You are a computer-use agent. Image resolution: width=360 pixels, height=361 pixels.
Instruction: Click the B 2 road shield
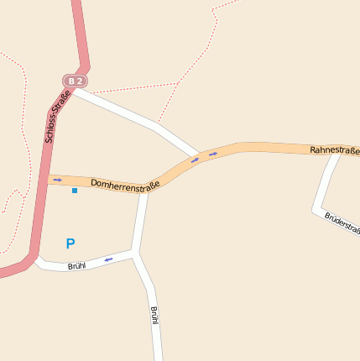point(76,81)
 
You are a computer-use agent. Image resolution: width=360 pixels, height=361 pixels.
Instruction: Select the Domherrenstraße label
point(125,182)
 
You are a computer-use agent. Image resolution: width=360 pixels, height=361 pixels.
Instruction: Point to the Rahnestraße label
point(334,149)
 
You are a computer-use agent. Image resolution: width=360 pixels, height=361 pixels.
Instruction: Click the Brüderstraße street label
point(342,222)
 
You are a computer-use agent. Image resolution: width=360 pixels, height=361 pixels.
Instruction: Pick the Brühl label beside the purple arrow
point(77,266)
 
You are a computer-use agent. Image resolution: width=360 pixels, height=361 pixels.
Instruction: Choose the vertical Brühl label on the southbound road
point(154,316)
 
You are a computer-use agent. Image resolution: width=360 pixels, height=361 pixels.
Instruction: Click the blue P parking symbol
point(70,244)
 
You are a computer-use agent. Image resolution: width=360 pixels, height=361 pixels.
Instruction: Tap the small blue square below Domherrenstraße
point(75,191)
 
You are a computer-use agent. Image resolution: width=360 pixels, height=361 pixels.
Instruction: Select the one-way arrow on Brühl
point(108,259)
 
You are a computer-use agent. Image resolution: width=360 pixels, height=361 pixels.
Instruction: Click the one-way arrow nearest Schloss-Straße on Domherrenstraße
point(57,180)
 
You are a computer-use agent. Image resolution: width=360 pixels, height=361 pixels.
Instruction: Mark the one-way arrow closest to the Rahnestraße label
point(213,154)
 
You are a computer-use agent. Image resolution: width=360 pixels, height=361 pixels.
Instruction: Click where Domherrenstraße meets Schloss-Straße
point(44,179)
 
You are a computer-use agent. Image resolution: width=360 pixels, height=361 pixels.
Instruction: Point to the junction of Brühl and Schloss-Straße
point(36,257)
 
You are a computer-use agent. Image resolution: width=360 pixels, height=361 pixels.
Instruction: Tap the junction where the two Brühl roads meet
point(134,252)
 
